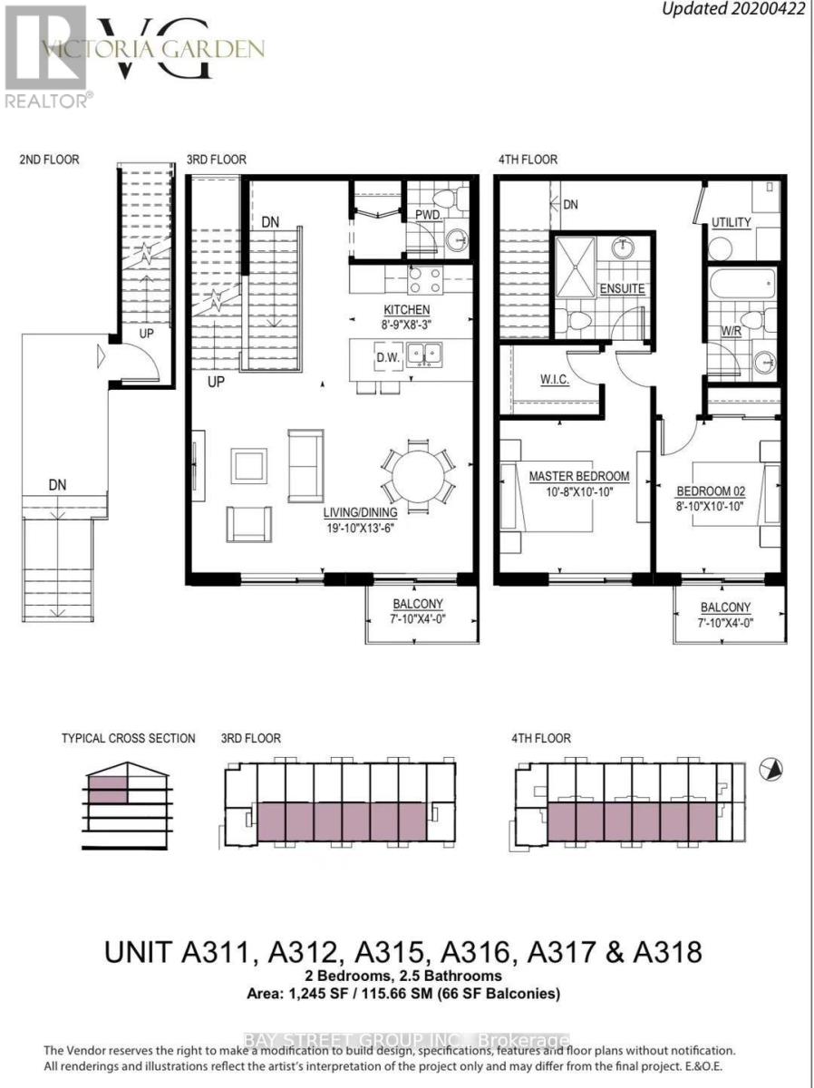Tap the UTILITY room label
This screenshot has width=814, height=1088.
[x=732, y=221]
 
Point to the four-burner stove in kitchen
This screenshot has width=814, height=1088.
[x=425, y=280]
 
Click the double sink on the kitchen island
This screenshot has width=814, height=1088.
[x=423, y=352]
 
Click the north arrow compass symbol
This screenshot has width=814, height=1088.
[x=770, y=769]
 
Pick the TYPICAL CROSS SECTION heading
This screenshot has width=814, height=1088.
[x=128, y=738]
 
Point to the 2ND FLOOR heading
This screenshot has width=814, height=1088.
[x=49, y=160]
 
